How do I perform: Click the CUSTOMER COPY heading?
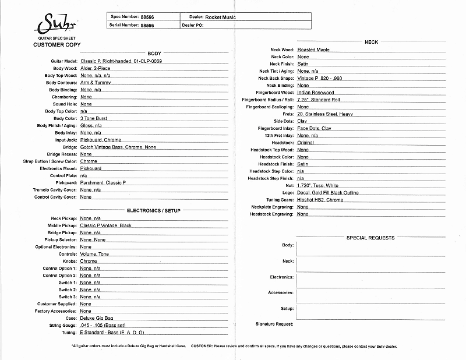click(x=57, y=45)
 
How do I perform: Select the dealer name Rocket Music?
click(x=220, y=17)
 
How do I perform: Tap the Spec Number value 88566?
click(x=147, y=17)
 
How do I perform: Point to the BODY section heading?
click(x=154, y=53)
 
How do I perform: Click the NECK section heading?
click(x=371, y=43)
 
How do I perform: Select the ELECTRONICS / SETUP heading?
click(x=154, y=210)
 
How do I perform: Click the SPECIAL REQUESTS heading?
click(x=370, y=238)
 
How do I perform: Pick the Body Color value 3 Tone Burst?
click(x=94, y=118)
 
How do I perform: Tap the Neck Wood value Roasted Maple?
click(x=313, y=50)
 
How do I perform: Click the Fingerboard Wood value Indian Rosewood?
click(x=316, y=93)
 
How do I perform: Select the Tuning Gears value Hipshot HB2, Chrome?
click(x=320, y=200)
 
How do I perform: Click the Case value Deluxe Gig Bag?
click(x=96, y=318)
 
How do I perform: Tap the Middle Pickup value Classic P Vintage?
click(x=106, y=225)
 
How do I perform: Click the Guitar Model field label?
click(x=64, y=61)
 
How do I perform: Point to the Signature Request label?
click(x=274, y=324)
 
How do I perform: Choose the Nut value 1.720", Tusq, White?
click(x=317, y=185)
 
